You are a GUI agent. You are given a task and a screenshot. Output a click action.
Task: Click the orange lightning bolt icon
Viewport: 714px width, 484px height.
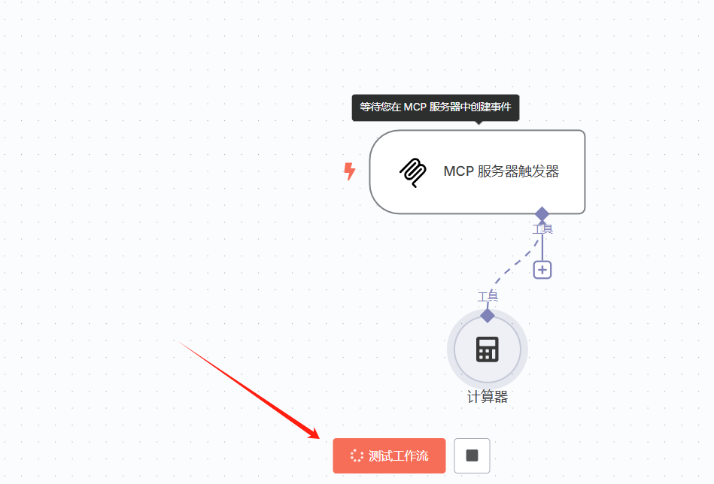(349, 171)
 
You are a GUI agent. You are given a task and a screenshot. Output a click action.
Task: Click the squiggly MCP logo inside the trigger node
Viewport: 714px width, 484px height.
(412, 172)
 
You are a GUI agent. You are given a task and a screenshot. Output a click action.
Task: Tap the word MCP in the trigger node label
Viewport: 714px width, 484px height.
(458, 171)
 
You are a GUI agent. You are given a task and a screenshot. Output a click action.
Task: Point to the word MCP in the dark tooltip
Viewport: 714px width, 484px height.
(415, 107)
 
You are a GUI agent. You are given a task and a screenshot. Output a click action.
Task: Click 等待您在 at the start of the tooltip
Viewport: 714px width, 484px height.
(380, 107)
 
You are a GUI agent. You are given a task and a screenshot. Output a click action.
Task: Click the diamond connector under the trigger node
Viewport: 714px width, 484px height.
(542, 214)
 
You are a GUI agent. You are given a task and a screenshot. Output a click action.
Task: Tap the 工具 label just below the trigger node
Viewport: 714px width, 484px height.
(542, 228)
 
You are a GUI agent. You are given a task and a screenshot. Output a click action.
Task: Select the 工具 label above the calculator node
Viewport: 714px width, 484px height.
(488, 297)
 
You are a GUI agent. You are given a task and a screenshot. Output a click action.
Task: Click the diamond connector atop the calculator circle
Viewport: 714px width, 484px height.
(488, 315)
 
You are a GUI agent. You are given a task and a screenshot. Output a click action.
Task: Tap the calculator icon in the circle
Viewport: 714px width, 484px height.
(488, 349)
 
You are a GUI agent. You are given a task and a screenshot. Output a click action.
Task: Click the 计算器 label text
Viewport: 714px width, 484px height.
(488, 397)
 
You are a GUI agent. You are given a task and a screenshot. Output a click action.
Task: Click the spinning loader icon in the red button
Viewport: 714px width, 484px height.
(357, 456)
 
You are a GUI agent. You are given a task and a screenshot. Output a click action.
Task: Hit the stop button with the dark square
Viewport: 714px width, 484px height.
(472, 455)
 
